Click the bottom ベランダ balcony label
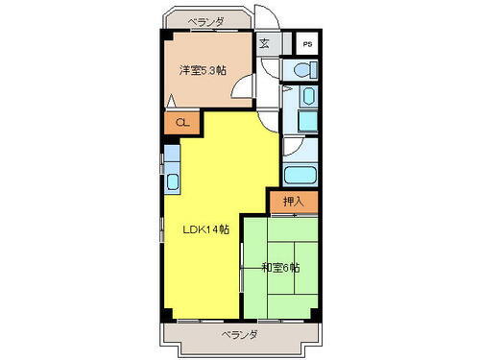pyautogui.click(x=239, y=334)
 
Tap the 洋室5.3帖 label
pyautogui.click(x=203, y=69)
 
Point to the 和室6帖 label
pyautogui.click(x=279, y=267)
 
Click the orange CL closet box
pyautogui.click(x=180, y=122)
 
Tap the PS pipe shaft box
pyautogui.click(x=307, y=44)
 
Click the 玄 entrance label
pyautogui.click(x=264, y=42)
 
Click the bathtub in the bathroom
pyautogui.click(x=300, y=176)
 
